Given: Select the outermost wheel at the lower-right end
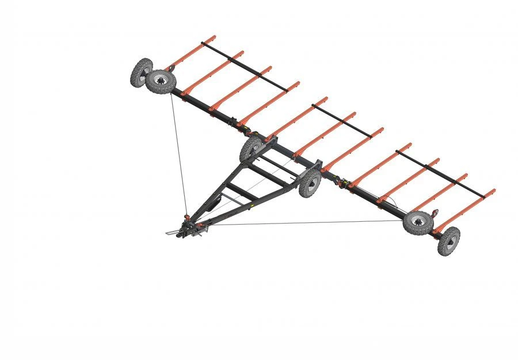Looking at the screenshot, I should [x=449, y=241].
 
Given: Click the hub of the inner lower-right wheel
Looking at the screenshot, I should [x=418, y=222].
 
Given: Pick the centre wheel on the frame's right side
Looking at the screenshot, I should [x=310, y=183].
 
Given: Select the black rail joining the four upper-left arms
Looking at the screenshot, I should [x=245, y=66].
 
